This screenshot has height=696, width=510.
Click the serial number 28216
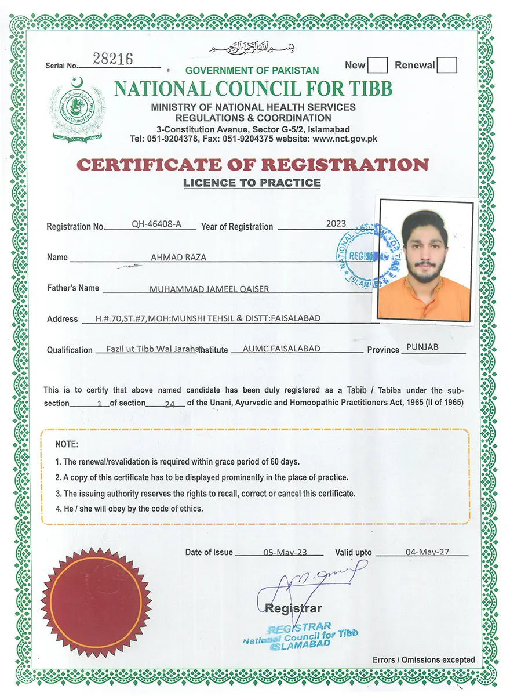(113, 59)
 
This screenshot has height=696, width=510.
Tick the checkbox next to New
(378, 65)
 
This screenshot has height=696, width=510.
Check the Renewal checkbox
(447, 65)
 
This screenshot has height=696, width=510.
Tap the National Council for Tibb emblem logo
(78, 110)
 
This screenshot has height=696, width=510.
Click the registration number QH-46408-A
(156, 225)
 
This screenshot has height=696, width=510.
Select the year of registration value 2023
(336, 224)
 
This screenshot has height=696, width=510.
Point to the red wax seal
(96, 601)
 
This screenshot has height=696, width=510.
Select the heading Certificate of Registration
(253, 165)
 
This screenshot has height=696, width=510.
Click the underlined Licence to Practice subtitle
(252, 183)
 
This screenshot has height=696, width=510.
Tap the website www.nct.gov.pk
(345, 139)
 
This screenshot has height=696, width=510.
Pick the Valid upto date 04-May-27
(428, 552)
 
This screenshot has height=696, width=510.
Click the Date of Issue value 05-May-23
(285, 553)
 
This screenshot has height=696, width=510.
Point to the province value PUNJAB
(422, 347)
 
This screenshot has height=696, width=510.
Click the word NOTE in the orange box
(67, 444)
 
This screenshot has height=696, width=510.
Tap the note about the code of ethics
(129, 509)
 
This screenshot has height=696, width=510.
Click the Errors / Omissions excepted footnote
(424, 659)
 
